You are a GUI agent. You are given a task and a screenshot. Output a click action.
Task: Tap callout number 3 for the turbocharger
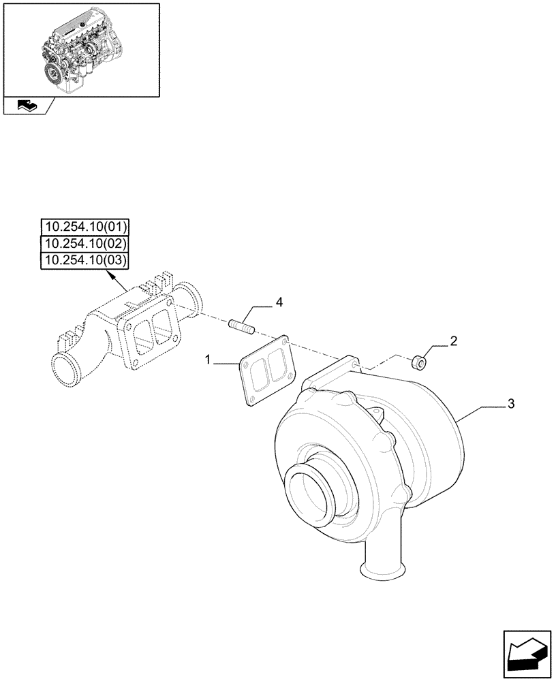tap(510, 405)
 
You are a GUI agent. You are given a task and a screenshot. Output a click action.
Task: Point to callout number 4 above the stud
tap(279, 301)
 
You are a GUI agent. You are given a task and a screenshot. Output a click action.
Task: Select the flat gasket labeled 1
tap(265, 372)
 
